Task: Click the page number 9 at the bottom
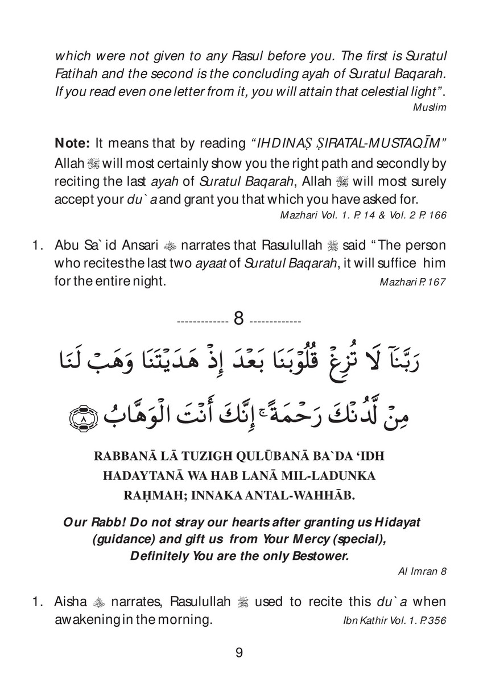coord(239,652)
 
